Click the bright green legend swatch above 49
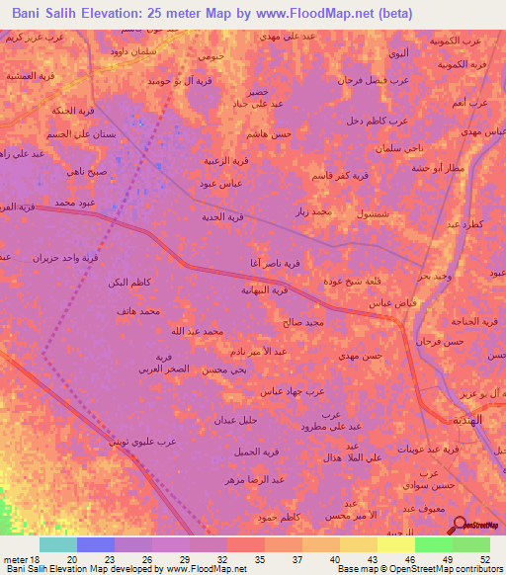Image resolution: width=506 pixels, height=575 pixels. point(433,544)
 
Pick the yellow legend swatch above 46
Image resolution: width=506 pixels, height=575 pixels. point(395,544)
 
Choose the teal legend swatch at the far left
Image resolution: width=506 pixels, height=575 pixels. point(58,544)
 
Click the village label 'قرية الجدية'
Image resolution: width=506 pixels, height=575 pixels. point(222,216)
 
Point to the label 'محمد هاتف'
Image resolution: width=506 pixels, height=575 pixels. point(135,311)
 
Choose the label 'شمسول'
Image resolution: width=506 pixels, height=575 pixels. point(383,213)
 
